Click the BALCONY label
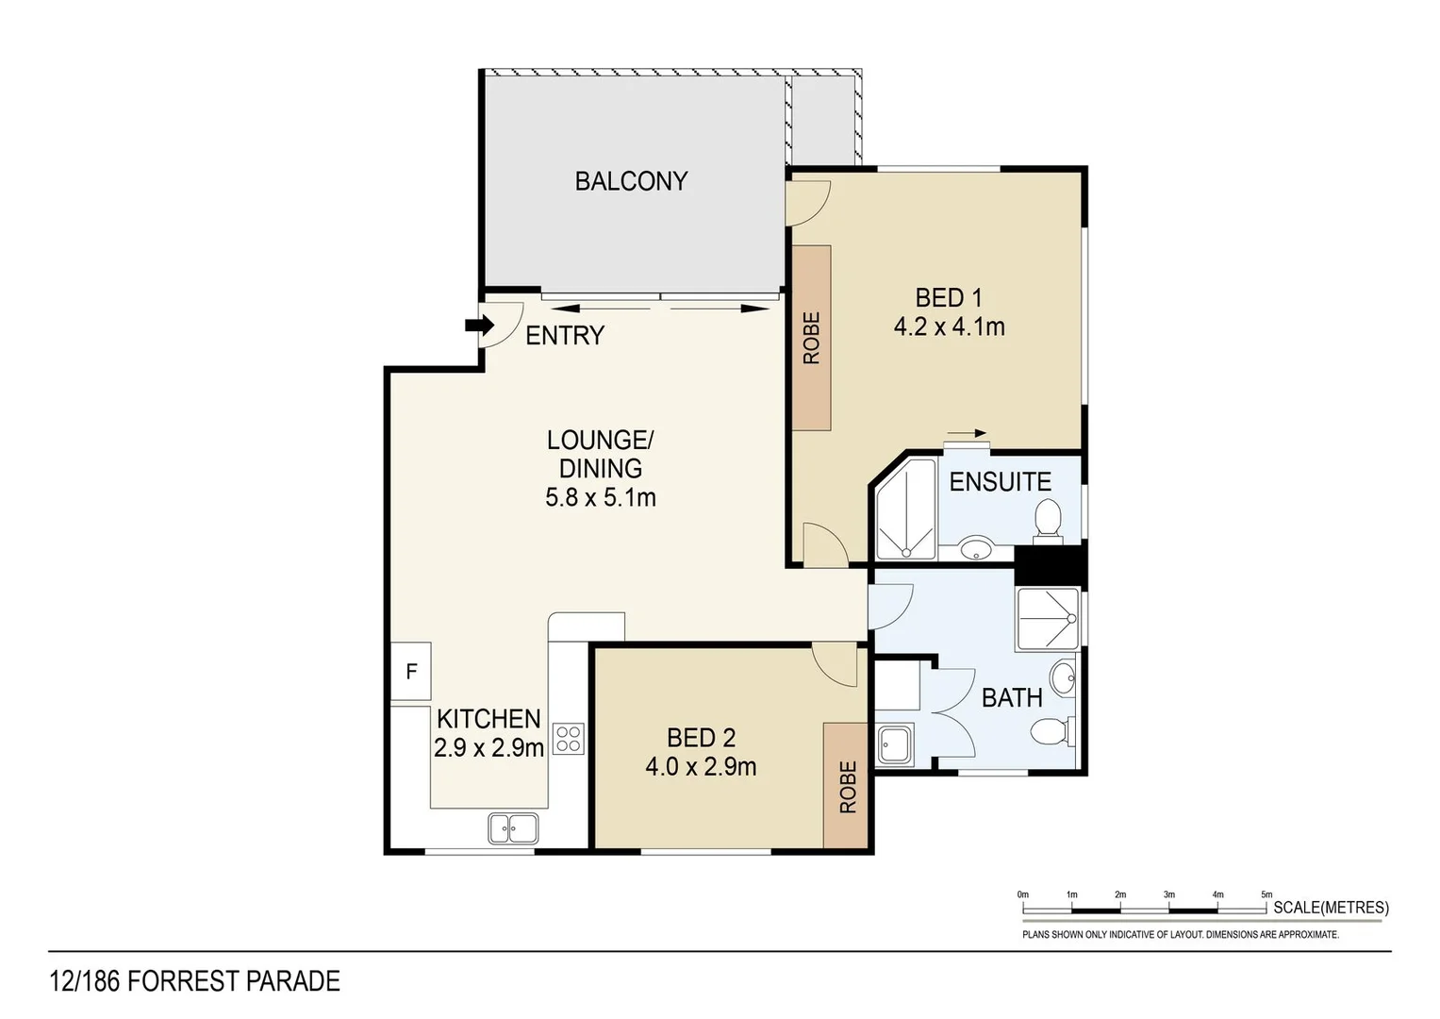(x=631, y=180)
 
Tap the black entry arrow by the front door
(x=480, y=326)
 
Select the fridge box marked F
(x=411, y=672)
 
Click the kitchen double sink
(x=513, y=827)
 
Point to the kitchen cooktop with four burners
(x=568, y=738)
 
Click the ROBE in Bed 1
(x=811, y=337)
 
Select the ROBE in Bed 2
(x=846, y=785)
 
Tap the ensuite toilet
(x=1048, y=522)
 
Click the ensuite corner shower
(x=905, y=510)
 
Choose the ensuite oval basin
(x=976, y=548)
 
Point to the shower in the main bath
(x=1047, y=619)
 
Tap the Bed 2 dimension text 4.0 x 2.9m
(x=701, y=766)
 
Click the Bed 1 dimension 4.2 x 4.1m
(x=949, y=326)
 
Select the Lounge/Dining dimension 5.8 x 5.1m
(x=600, y=497)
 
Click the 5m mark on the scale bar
(x=1266, y=894)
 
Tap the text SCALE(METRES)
(x=1331, y=908)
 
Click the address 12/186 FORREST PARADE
(x=194, y=981)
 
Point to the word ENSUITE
(x=1000, y=481)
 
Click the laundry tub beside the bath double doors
(x=894, y=744)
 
